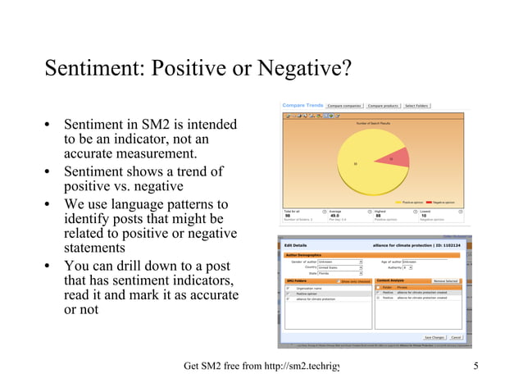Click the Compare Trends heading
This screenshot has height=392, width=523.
click(302, 105)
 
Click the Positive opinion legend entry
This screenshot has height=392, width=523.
click(410, 202)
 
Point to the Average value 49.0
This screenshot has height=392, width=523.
click(335, 215)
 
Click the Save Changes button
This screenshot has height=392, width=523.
click(433, 337)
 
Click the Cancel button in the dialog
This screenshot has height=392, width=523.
click(456, 337)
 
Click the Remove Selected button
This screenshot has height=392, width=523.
click(445, 280)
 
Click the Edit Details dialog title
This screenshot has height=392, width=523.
click(296, 245)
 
